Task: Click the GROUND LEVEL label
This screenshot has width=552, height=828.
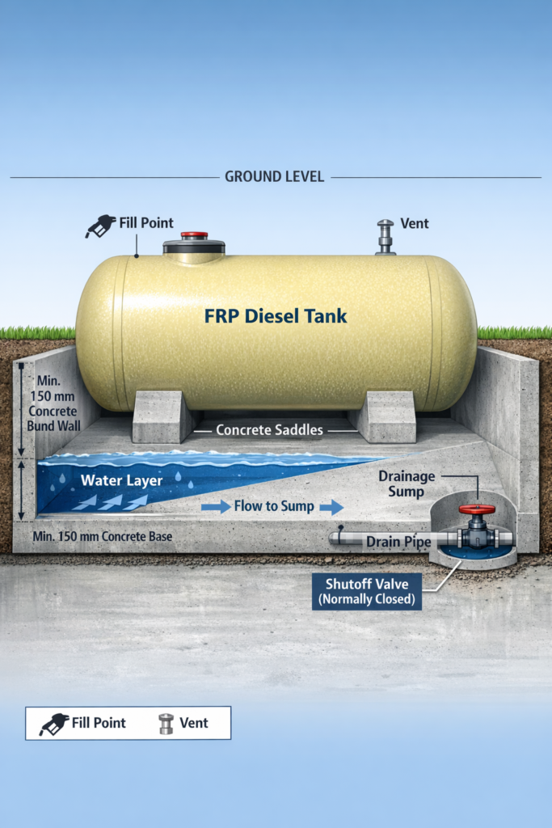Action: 274,176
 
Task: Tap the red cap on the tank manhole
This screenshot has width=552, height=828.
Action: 194,235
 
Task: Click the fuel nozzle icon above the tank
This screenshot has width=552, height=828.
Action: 100,226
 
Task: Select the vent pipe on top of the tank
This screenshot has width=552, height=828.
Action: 386,237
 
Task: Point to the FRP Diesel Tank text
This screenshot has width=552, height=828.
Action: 276,316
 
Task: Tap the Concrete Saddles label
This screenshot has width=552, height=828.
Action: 269,430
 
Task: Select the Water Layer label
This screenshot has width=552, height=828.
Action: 121,480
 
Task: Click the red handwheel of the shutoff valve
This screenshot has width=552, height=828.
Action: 476,510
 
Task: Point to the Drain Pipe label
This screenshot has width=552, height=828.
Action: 398,541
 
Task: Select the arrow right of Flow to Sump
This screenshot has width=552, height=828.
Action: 331,507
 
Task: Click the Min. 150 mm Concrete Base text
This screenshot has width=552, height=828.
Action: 103,536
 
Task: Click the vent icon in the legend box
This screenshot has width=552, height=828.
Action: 166,723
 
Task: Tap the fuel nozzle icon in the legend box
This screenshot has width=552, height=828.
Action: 53,723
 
